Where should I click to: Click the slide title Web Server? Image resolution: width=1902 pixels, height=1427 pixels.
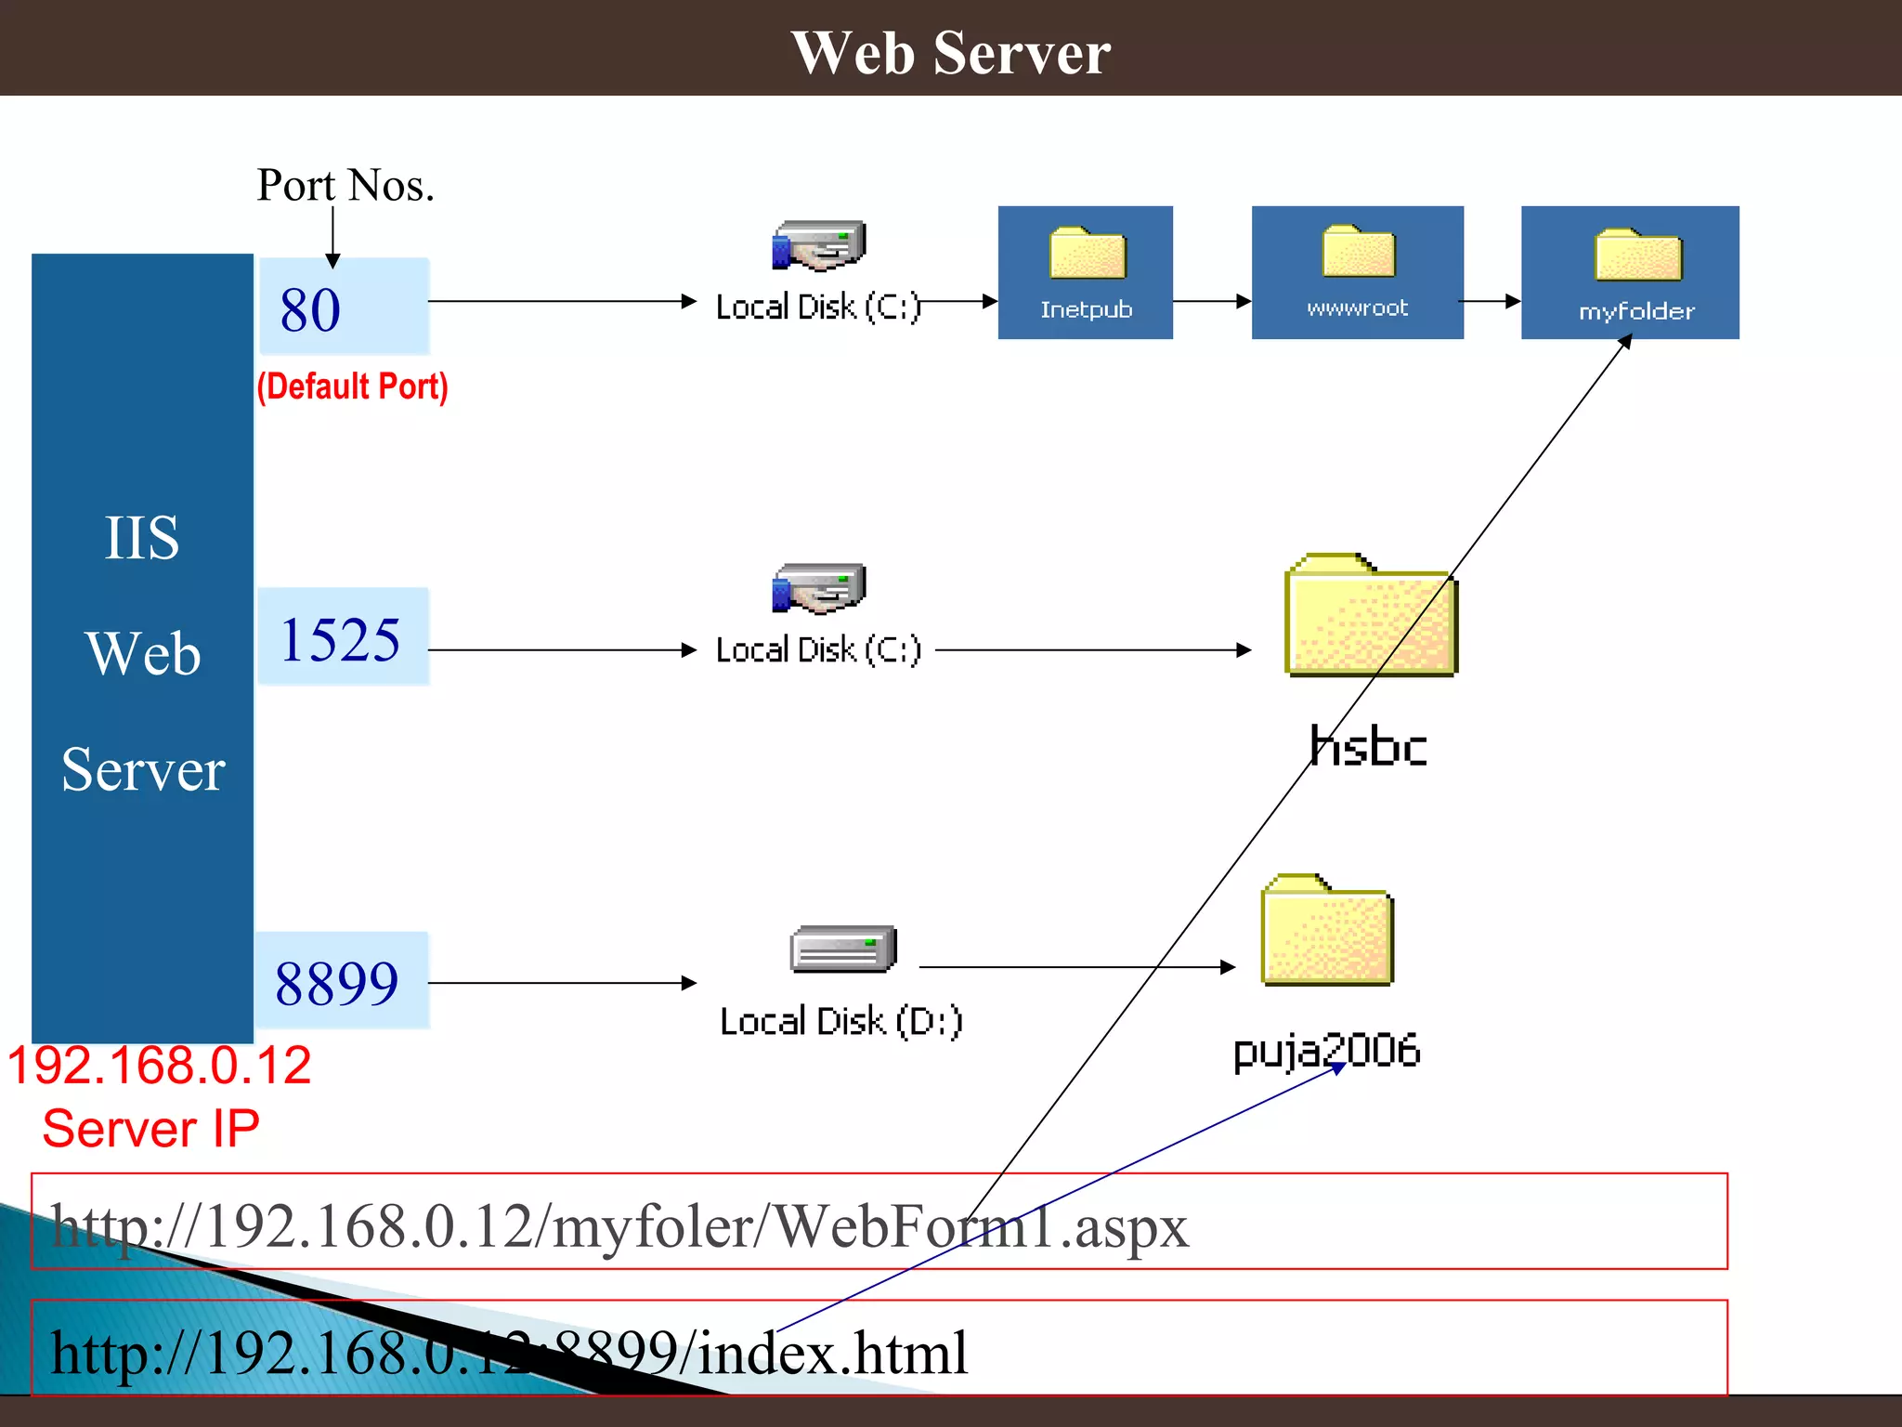click(x=950, y=52)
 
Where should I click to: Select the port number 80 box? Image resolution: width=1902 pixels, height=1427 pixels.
click(x=343, y=308)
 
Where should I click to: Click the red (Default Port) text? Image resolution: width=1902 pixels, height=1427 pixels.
click(x=352, y=386)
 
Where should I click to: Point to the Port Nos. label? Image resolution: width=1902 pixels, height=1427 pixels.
click(x=345, y=185)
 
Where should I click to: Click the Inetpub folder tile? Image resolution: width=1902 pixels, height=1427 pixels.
click(x=1085, y=272)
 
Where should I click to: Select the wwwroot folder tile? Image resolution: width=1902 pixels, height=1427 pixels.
click(x=1357, y=272)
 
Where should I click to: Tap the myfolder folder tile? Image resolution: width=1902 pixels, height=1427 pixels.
click(x=1630, y=272)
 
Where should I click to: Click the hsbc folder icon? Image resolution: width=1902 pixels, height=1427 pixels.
click(x=1370, y=616)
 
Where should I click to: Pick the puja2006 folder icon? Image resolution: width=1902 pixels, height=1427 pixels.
click(x=1326, y=930)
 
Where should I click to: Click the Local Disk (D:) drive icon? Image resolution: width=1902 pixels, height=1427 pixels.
click(x=842, y=949)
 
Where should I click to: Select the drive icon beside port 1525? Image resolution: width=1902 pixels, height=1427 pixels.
click(x=818, y=588)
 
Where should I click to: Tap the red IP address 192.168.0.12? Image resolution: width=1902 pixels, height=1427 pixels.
click(x=159, y=1066)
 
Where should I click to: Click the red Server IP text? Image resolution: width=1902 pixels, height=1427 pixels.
click(x=150, y=1129)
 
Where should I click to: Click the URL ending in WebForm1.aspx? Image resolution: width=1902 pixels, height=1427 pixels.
click(x=619, y=1225)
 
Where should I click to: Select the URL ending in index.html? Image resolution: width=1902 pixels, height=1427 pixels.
click(x=509, y=1353)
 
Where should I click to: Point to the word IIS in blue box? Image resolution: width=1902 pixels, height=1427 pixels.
click(x=141, y=538)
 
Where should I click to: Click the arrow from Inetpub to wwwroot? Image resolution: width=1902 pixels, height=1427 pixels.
click(x=1212, y=301)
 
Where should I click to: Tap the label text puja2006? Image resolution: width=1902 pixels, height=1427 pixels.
click(x=1326, y=1051)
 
